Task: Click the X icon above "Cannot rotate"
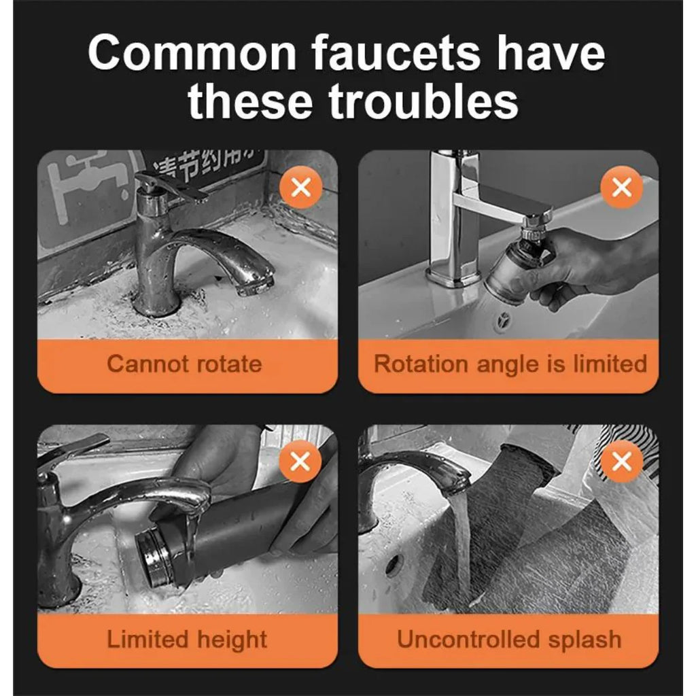[300, 186]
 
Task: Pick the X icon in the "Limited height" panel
[300, 462]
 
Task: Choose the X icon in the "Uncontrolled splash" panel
[621, 462]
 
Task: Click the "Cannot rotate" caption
[184, 364]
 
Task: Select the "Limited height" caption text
[187, 640]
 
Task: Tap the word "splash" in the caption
[587, 640]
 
